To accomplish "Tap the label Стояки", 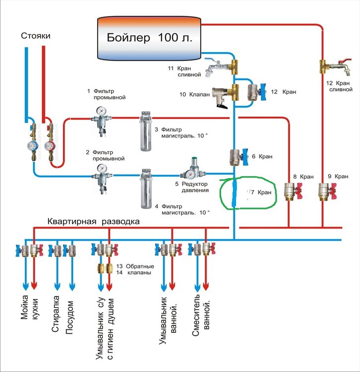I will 36,36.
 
